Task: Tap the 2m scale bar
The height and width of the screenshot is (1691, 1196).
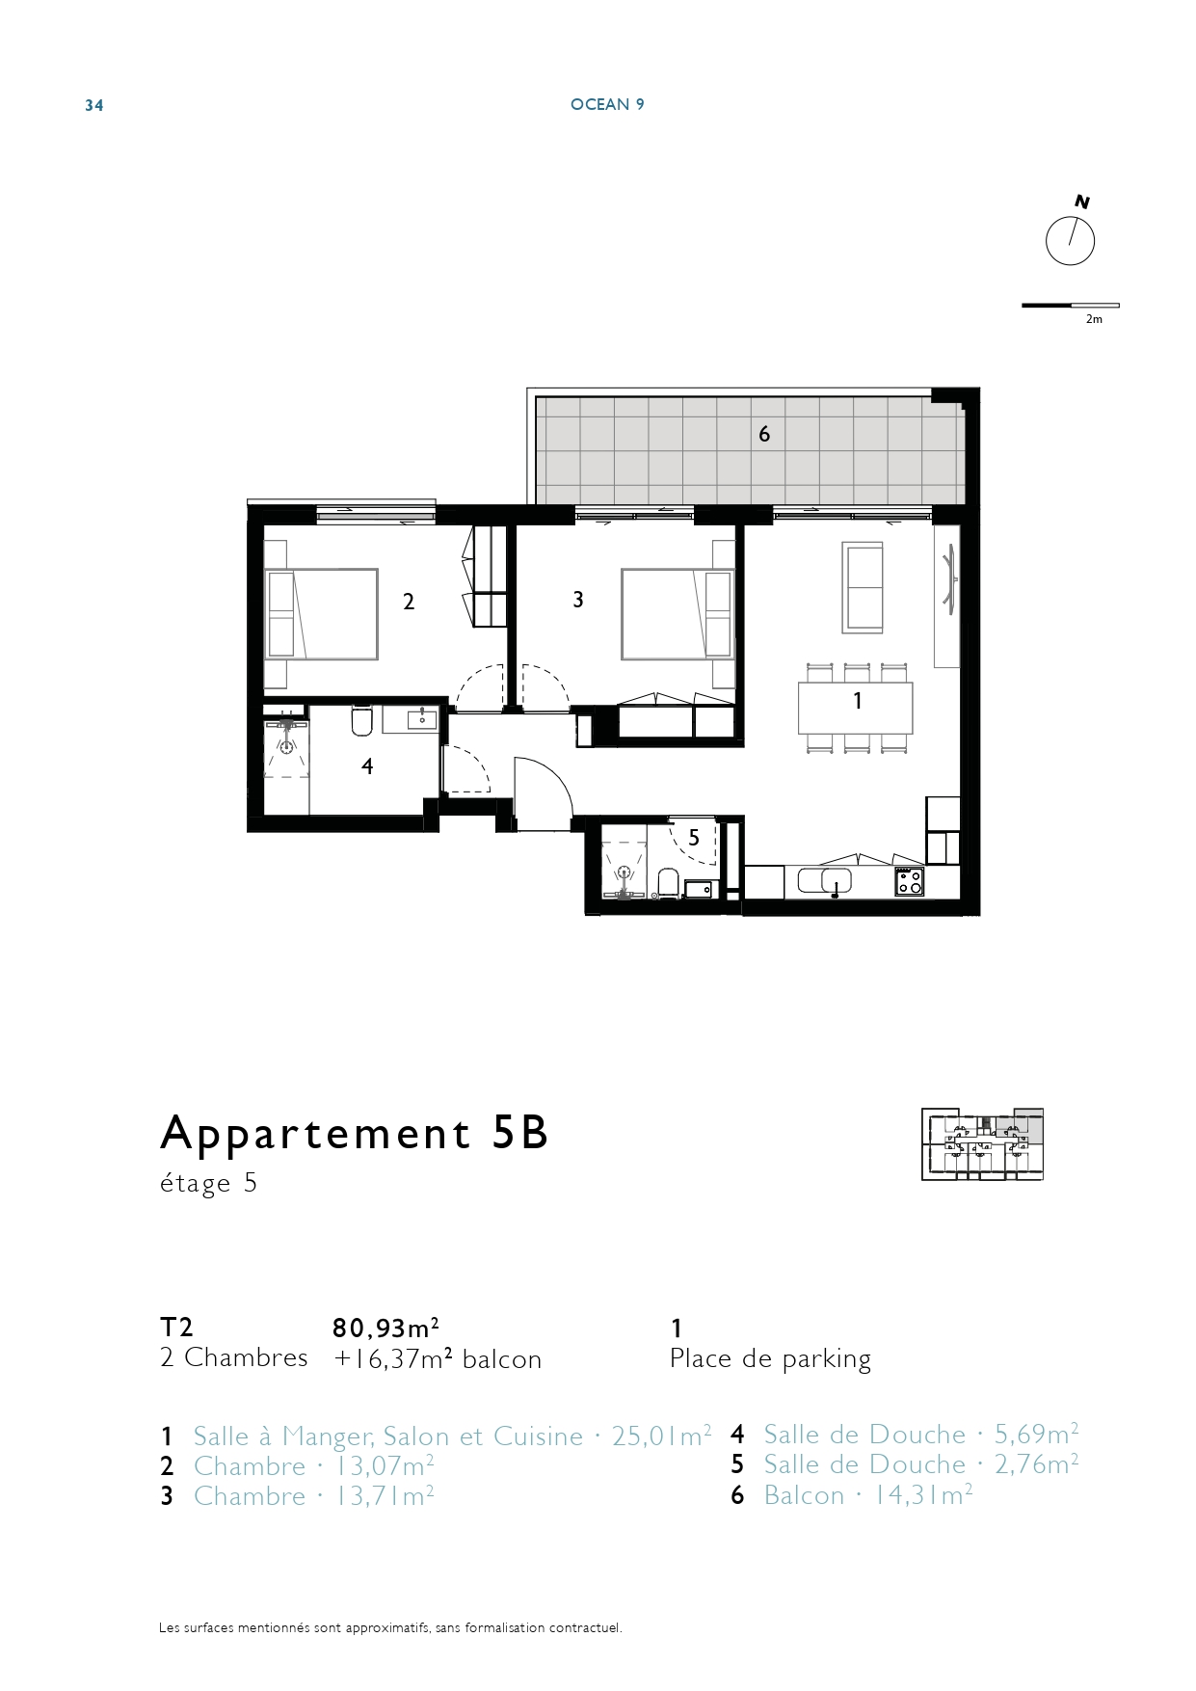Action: click(1071, 306)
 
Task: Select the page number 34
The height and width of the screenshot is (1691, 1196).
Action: click(93, 105)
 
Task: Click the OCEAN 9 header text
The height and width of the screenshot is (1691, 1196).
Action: click(607, 104)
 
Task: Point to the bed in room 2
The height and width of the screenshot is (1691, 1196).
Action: click(321, 614)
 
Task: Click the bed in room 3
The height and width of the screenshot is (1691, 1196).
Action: click(678, 614)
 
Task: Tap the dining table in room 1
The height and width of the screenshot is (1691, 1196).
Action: click(855, 708)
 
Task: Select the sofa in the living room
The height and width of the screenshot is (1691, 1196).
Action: click(863, 587)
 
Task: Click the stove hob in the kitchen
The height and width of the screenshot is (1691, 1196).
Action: click(909, 881)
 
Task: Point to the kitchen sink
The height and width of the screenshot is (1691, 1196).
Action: click(836, 880)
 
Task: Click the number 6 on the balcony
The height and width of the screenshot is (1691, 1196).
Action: click(764, 434)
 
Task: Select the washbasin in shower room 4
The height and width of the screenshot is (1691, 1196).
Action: click(422, 718)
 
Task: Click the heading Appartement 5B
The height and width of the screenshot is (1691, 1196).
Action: click(355, 1135)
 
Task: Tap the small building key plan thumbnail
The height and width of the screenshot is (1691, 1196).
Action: click(983, 1144)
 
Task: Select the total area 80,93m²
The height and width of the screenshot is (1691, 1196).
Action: click(386, 1328)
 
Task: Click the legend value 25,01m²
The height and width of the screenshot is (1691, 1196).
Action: click(662, 1436)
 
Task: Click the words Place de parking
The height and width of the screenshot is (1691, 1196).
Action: click(770, 1359)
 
